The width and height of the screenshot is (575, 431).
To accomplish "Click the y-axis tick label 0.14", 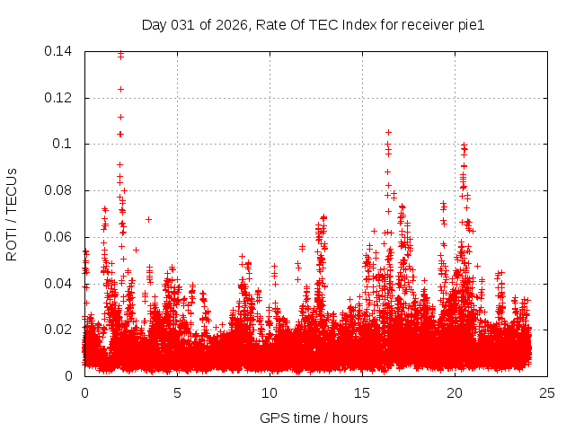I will tap(59, 51).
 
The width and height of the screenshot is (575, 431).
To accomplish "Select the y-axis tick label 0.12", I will tap(59, 98).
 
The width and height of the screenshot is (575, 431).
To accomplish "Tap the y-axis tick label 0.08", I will tap(59, 190).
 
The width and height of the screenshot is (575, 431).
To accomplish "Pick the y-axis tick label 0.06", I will tap(59, 237).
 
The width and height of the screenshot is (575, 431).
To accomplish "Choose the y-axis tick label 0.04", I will tap(59, 284).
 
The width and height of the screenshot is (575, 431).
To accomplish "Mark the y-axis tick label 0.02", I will tap(59, 330).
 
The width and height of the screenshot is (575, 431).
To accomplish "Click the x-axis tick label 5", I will tap(177, 392).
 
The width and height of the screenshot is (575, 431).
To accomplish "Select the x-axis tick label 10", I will tap(270, 392).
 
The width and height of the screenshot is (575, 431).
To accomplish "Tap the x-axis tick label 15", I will tap(362, 392).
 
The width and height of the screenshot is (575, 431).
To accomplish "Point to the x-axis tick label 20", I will tap(455, 392).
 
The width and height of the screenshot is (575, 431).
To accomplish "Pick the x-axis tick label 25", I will tap(547, 392).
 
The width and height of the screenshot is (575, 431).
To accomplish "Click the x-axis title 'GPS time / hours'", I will tap(314, 418).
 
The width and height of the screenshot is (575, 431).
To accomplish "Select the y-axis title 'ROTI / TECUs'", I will tap(12, 214).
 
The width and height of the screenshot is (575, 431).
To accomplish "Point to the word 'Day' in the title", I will tap(154, 24).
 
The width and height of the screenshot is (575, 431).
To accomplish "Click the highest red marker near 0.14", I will tap(120, 53).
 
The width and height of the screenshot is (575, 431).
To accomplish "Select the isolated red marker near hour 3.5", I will tap(148, 219).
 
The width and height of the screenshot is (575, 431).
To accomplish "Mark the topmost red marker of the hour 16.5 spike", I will tap(388, 132).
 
